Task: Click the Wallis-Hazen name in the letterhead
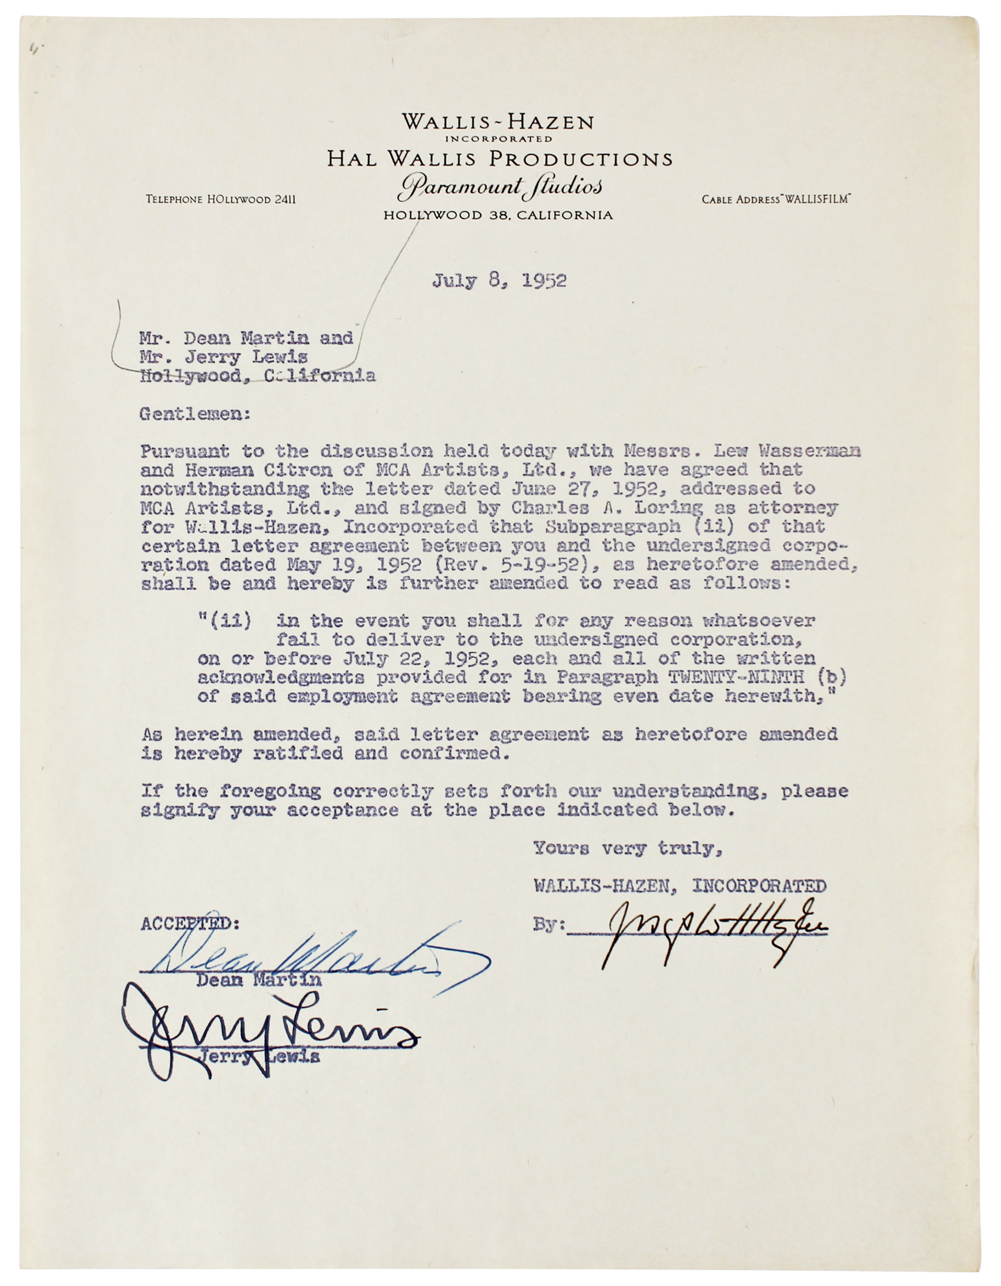498,122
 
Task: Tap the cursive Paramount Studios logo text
499,187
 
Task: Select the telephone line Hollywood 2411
221,200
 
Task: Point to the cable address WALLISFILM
776,200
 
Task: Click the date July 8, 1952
499,280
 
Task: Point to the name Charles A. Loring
607,508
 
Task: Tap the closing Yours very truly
627,849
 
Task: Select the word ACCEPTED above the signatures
190,924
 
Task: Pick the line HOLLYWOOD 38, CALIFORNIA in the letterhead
498,215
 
